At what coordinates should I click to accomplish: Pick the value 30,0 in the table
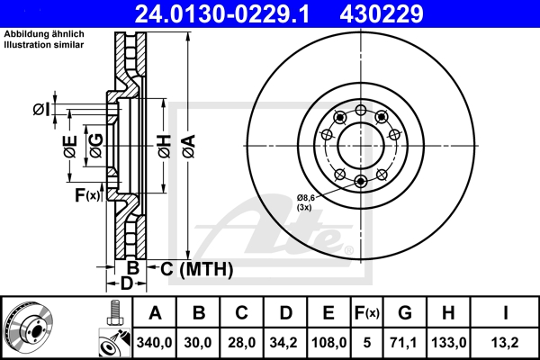pyautogui.click(x=199, y=343)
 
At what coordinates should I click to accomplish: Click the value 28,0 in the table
pyautogui.click(x=242, y=343)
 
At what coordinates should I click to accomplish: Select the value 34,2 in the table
pyautogui.click(x=285, y=343)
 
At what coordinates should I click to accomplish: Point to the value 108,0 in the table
pyautogui.click(x=329, y=343)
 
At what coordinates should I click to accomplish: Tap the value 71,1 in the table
pyautogui.click(x=404, y=343)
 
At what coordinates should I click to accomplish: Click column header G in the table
pyautogui.click(x=404, y=314)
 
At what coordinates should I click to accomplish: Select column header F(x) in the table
pyautogui.click(x=367, y=314)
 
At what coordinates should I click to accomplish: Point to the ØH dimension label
pyautogui.click(x=163, y=143)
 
